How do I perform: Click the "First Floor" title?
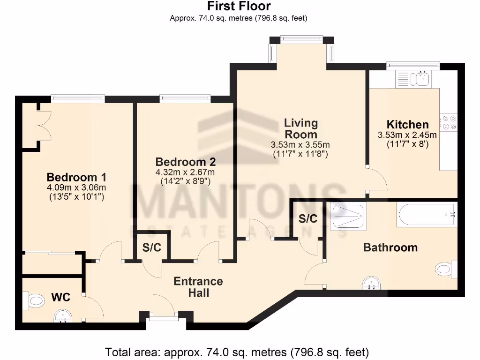click(x=239, y=7)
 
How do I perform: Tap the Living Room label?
click(x=301, y=128)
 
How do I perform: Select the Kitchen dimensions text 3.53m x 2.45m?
click(x=407, y=135)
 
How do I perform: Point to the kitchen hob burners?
click(x=449, y=122)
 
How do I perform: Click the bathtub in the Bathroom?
click(x=426, y=215)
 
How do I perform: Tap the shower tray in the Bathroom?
click(x=347, y=216)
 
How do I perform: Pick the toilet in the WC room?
click(x=34, y=300)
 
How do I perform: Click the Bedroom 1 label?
click(x=76, y=178)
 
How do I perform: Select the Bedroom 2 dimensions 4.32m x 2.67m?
click(x=185, y=172)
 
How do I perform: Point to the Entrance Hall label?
click(x=198, y=287)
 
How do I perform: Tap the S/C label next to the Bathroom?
click(x=308, y=218)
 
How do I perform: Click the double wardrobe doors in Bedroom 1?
click(x=43, y=124)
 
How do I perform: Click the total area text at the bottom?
click(x=237, y=352)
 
